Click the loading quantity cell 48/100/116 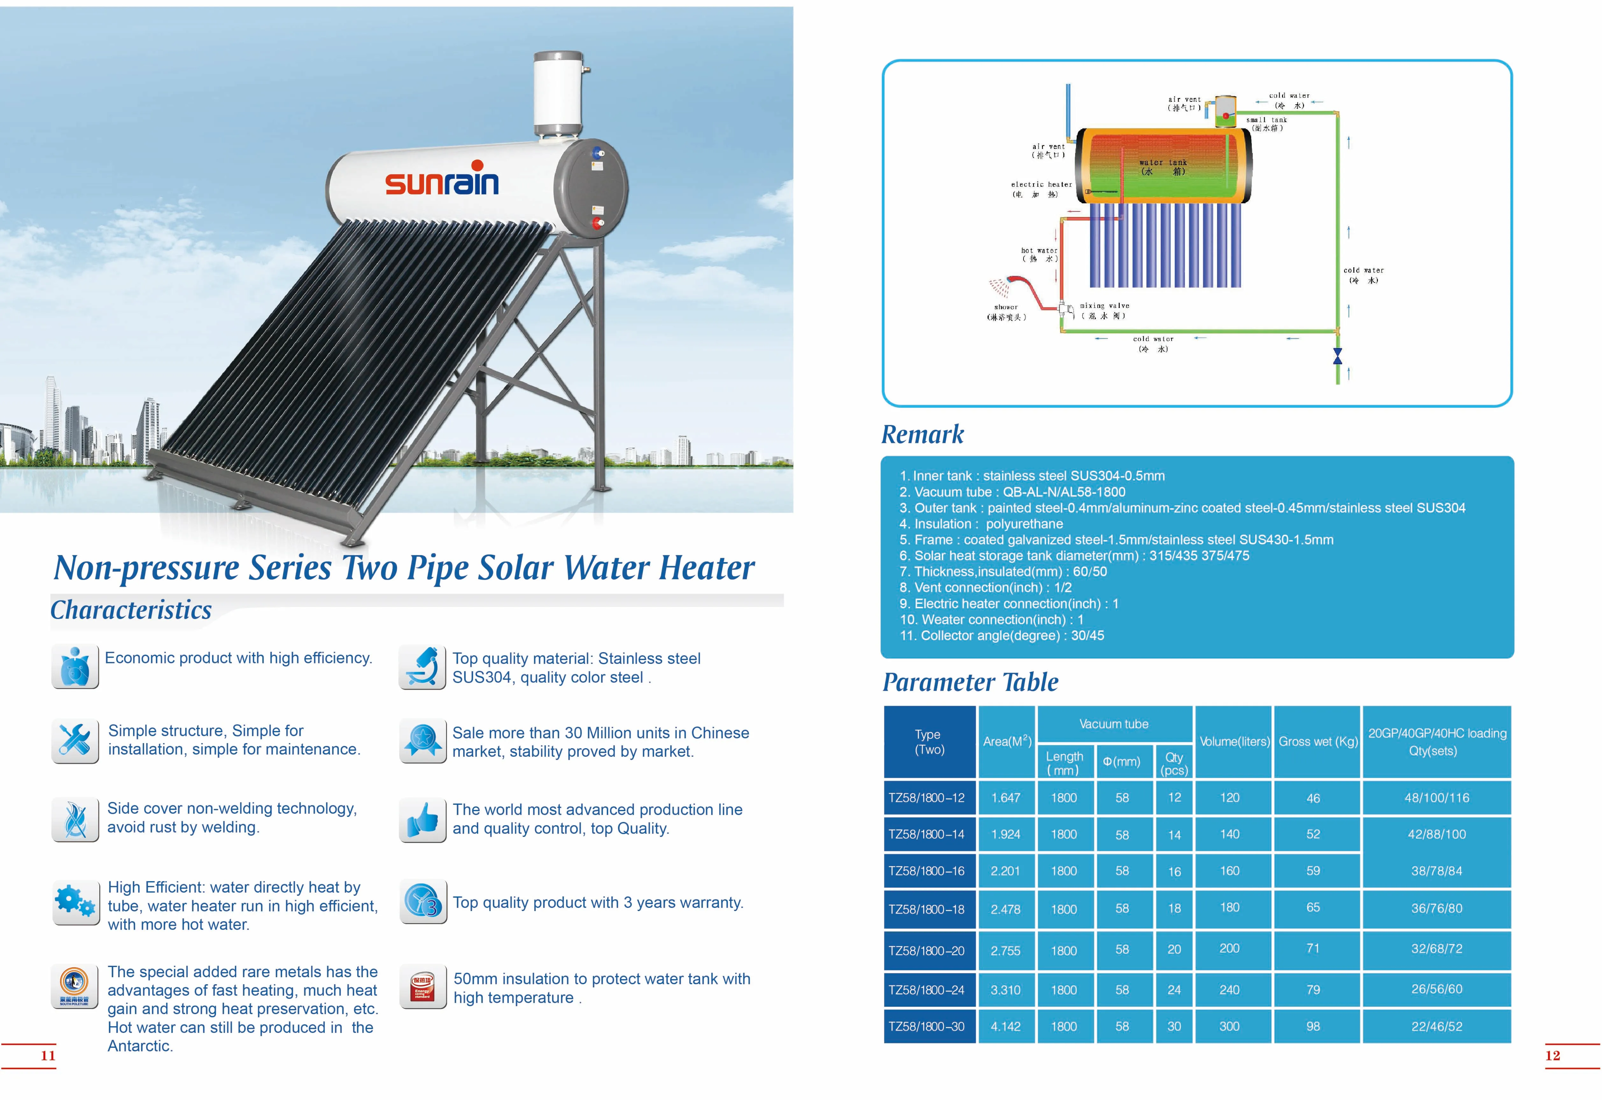(1436, 797)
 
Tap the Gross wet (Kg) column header (1317, 741)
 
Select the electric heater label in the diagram (1041, 189)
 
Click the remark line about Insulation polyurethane (981, 524)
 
